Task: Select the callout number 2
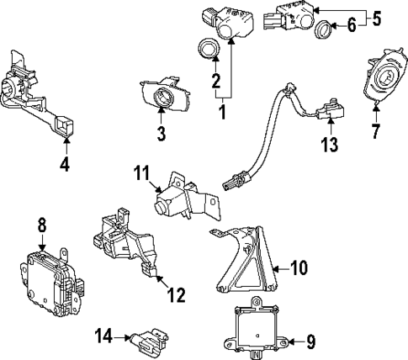pyautogui.click(x=215, y=82)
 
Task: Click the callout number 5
pyautogui.click(x=377, y=16)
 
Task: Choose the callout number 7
pyautogui.click(x=376, y=131)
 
